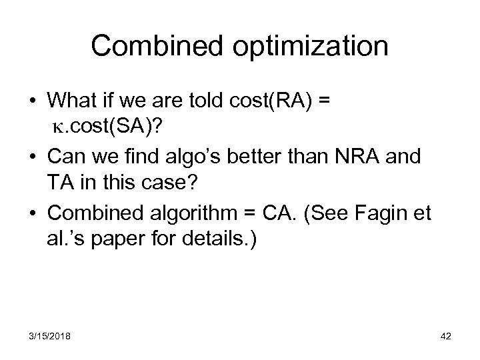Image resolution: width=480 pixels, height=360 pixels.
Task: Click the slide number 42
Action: pos(445,336)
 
